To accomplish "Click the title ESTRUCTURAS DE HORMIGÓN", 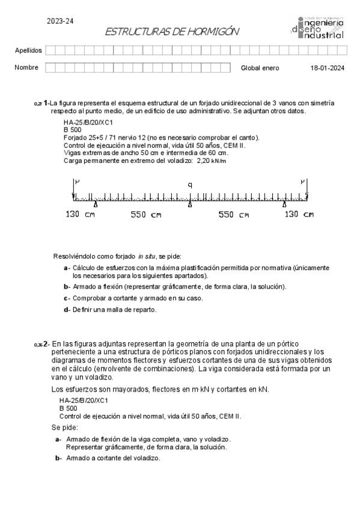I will [x=172, y=32].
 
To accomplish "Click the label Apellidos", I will [x=28, y=50].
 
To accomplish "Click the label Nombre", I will [x=26, y=67].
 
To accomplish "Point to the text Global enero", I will [x=260, y=68].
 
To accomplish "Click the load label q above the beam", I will [x=190, y=185].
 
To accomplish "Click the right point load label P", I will [x=304, y=181].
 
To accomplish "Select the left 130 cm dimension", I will [x=80, y=215].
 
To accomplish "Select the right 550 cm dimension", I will [x=233, y=215].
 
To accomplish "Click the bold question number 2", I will [x=46, y=343].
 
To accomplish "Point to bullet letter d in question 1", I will [x=66, y=310].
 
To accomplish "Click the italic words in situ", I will [x=147, y=256].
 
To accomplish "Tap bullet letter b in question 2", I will [x=58, y=458].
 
